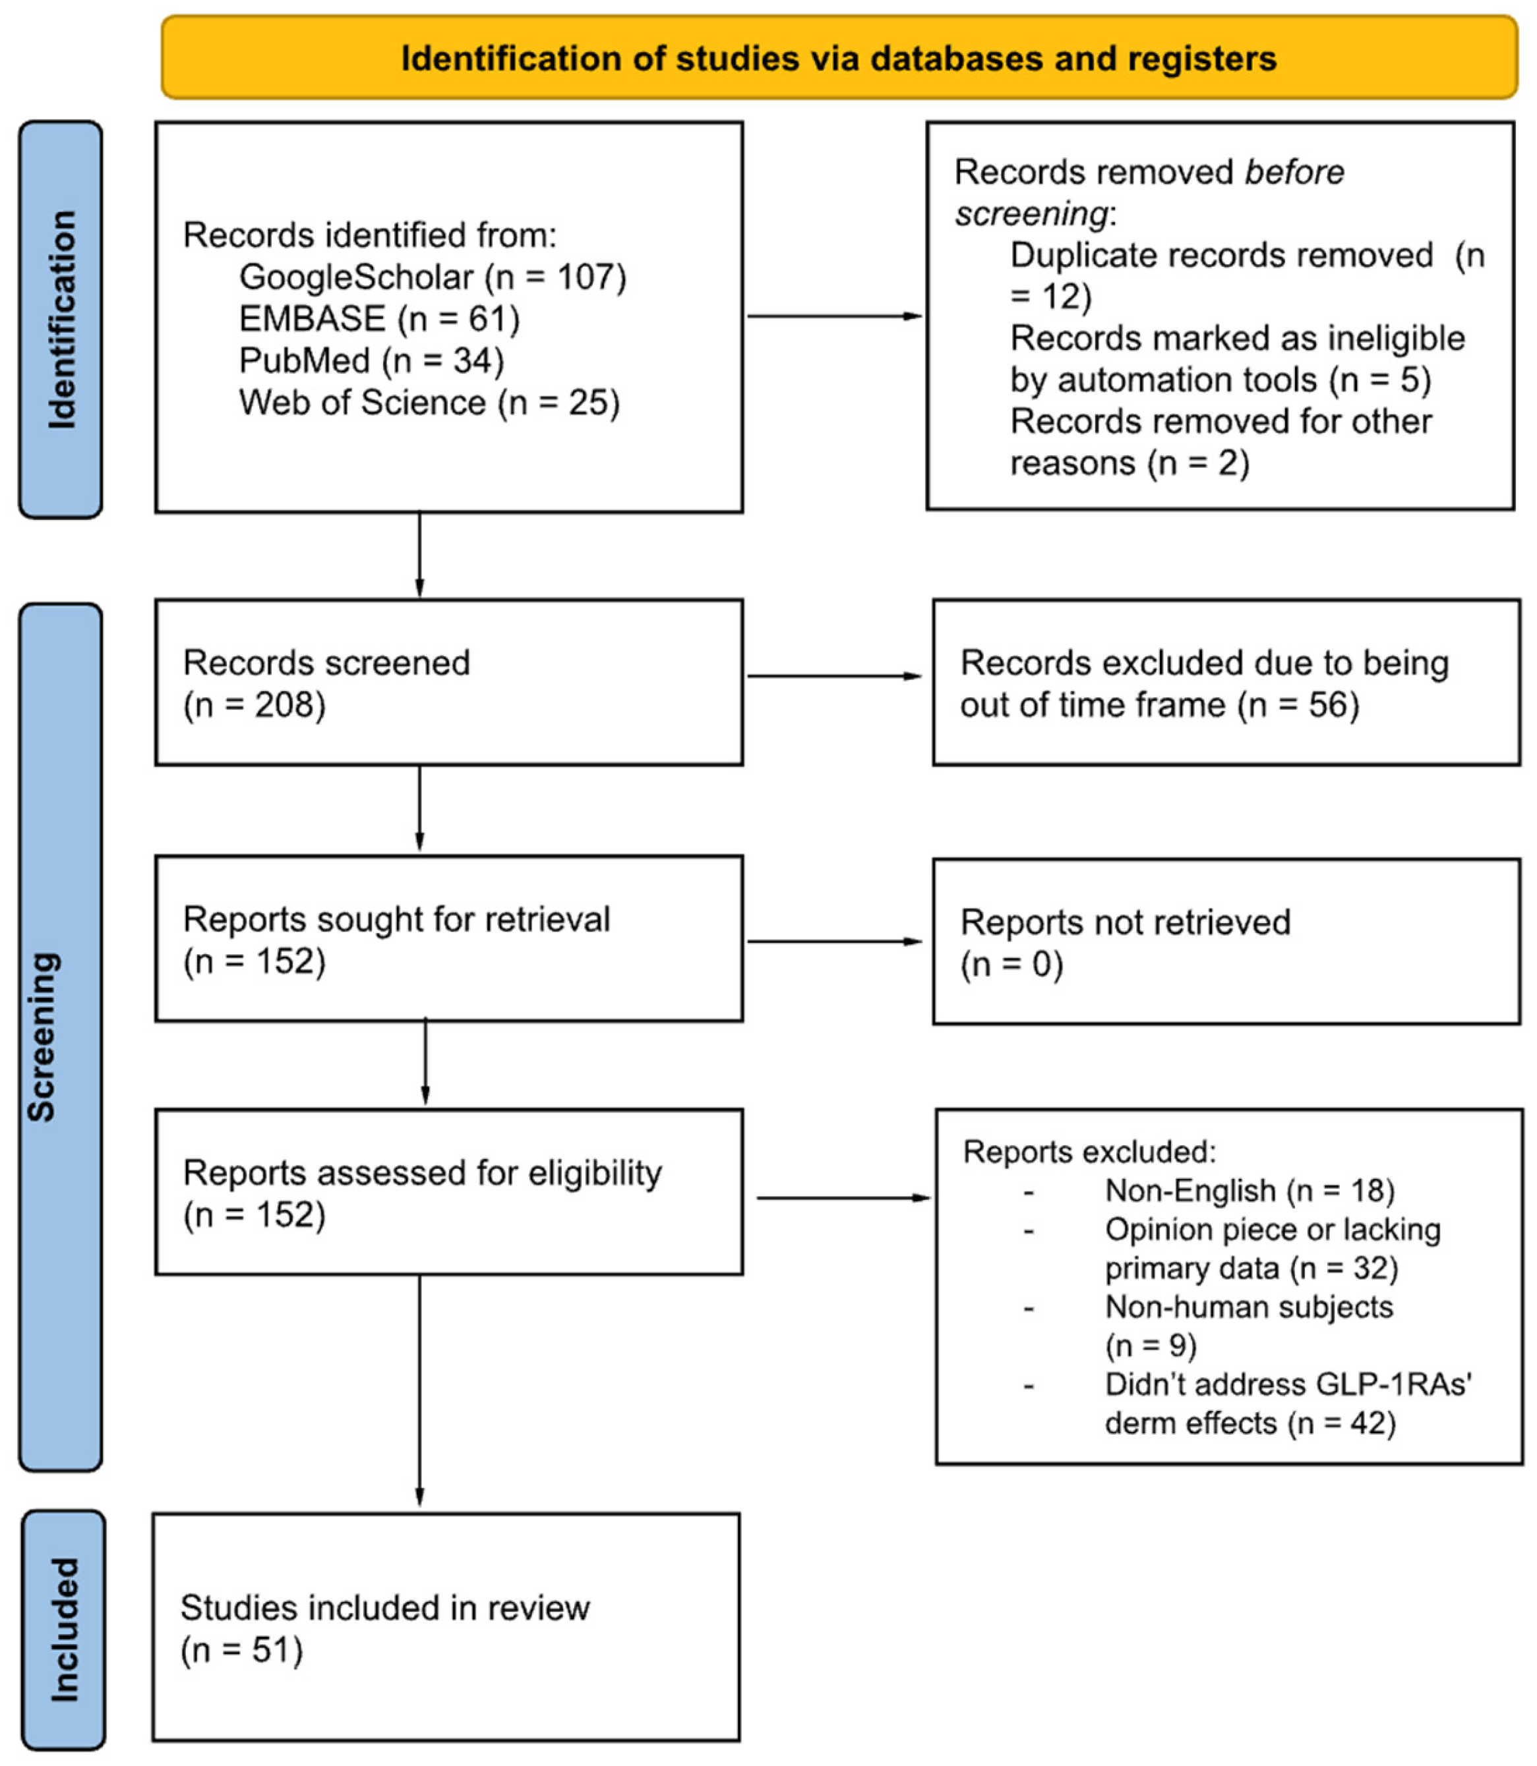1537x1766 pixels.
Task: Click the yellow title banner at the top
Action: tap(839, 57)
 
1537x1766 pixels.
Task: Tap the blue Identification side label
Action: tap(61, 319)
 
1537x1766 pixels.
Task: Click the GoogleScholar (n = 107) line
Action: tap(433, 277)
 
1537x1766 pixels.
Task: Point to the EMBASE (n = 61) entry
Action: tap(379, 319)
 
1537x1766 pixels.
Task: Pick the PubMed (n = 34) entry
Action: tap(371, 361)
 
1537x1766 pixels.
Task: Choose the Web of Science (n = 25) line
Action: tap(429, 403)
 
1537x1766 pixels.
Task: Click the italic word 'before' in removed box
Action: tap(1294, 172)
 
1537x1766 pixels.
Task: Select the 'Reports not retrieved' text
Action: tap(1124, 923)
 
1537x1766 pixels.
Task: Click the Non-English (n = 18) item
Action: tap(1249, 1191)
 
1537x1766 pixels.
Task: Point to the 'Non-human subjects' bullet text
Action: tap(1248, 1307)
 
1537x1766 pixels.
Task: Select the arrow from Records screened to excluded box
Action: tap(833, 676)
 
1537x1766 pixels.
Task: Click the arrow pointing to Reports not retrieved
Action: tap(833, 941)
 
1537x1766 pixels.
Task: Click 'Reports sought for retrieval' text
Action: tap(396, 919)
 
